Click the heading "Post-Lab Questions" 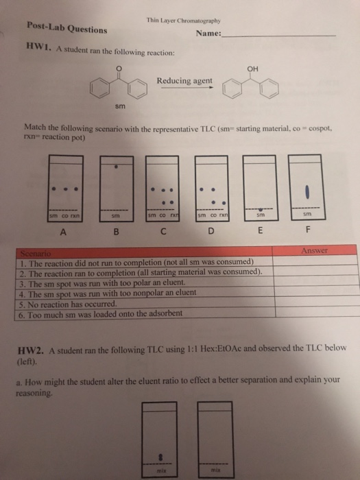(x=66, y=29)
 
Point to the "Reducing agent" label (x=184, y=81)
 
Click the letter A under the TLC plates (x=64, y=232)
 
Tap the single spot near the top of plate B (x=117, y=166)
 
